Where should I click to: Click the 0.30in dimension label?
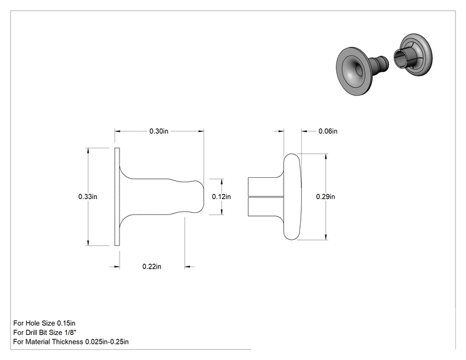pyautogui.click(x=158, y=131)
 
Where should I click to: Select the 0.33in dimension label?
pyautogui.click(x=88, y=197)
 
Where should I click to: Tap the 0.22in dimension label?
pyautogui.click(x=152, y=267)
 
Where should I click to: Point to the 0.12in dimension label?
pyautogui.click(x=221, y=197)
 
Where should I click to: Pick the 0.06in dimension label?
pyautogui.click(x=328, y=131)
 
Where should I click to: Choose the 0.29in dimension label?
pyautogui.click(x=326, y=197)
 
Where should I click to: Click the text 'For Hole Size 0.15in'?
pyautogui.click(x=44, y=323)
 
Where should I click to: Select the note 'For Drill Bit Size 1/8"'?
pyautogui.click(x=44, y=332)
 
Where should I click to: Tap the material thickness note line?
pyautogui.click(x=71, y=342)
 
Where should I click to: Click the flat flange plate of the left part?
pyautogui.click(x=117, y=197)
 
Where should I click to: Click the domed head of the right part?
pyautogui.click(x=292, y=197)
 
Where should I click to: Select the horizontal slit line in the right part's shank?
pyautogui.click(x=266, y=197)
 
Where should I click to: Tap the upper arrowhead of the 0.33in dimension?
pyautogui.click(x=88, y=151)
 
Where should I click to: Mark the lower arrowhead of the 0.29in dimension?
pyautogui.click(x=326, y=237)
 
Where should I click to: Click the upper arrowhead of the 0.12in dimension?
pyautogui.click(x=222, y=182)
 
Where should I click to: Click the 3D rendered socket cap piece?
pyautogui.click(x=413, y=54)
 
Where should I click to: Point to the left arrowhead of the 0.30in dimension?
pyautogui.click(x=118, y=131)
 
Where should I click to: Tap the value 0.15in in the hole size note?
pyautogui.click(x=66, y=323)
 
